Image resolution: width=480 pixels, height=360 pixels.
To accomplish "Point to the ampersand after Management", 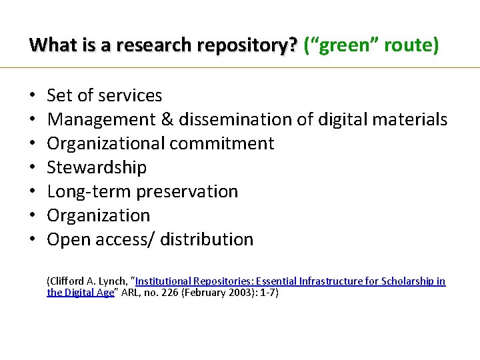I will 163,119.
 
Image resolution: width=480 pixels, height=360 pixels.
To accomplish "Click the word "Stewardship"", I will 97,167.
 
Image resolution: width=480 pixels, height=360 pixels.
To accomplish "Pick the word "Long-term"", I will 89,191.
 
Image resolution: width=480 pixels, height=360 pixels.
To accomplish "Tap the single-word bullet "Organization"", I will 99,215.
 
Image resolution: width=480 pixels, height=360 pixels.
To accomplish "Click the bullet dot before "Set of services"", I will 33,96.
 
